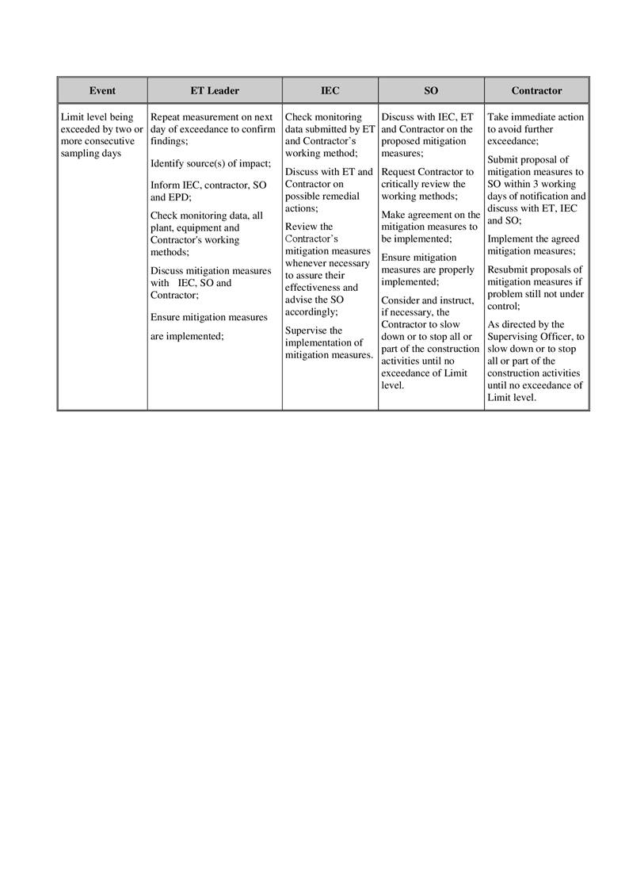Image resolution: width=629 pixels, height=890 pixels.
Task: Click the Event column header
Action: point(102,91)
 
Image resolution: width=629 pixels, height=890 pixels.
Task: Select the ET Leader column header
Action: point(214,91)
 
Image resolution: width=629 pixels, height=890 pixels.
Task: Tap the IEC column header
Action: point(330,91)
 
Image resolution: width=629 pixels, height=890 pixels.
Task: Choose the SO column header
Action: point(431,91)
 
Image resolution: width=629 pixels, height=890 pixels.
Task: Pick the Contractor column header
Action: point(536,91)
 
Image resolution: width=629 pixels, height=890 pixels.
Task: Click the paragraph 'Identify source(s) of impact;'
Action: point(210,164)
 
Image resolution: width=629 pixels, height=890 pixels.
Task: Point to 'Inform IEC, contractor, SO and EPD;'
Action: point(208,191)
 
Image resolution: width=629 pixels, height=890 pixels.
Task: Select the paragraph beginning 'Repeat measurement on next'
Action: point(212,129)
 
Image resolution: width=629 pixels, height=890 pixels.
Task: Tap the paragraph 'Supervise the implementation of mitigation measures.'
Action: point(329,343)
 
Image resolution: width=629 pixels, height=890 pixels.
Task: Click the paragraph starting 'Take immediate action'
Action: point(536,129)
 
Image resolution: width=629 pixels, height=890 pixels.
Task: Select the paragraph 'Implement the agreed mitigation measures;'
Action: point(533,245)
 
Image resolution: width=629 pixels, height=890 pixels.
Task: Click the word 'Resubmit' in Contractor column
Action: point(509,269)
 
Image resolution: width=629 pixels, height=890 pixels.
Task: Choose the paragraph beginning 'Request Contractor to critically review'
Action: point(427,184)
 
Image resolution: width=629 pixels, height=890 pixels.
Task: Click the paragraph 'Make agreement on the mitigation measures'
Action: point(430,227)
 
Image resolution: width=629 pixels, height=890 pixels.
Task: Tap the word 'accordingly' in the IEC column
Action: point(311,312)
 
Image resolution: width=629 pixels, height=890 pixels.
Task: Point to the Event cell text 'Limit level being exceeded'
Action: point(101,136)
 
